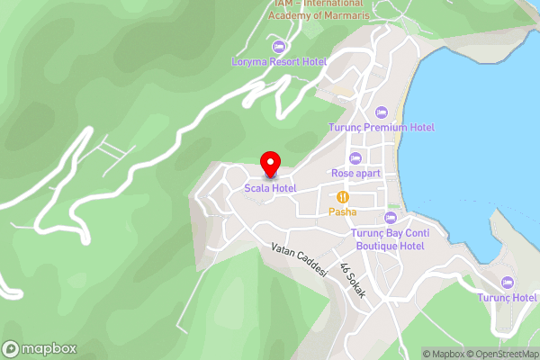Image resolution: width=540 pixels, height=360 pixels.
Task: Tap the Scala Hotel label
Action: [271, 187]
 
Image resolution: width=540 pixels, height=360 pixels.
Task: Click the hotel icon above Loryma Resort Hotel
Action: [279, 46]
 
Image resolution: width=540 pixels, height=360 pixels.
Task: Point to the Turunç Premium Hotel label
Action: [381, 128]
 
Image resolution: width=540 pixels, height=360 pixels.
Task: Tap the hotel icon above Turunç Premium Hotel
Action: [381, 111]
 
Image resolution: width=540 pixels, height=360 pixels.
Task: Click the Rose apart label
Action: [355, 173]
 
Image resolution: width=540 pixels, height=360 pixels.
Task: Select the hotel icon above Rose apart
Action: [355, 157]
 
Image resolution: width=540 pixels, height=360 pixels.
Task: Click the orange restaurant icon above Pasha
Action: [342, 196]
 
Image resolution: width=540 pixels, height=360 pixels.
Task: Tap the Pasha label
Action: [342, 212]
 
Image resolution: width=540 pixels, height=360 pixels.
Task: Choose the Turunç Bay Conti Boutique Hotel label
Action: [389, 239]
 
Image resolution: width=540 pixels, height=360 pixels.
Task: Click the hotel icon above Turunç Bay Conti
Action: [390, 217]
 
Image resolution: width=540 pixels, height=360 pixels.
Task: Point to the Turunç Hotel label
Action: [507, 298]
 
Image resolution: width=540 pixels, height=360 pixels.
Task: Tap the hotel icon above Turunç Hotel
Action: [507, 282]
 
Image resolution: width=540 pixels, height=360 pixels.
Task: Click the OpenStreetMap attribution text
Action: [502, 354]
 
